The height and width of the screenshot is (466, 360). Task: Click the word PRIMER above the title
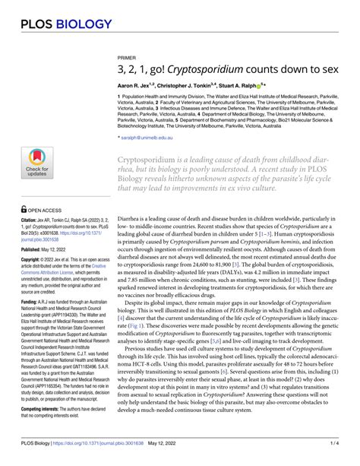(x=127, y=78)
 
